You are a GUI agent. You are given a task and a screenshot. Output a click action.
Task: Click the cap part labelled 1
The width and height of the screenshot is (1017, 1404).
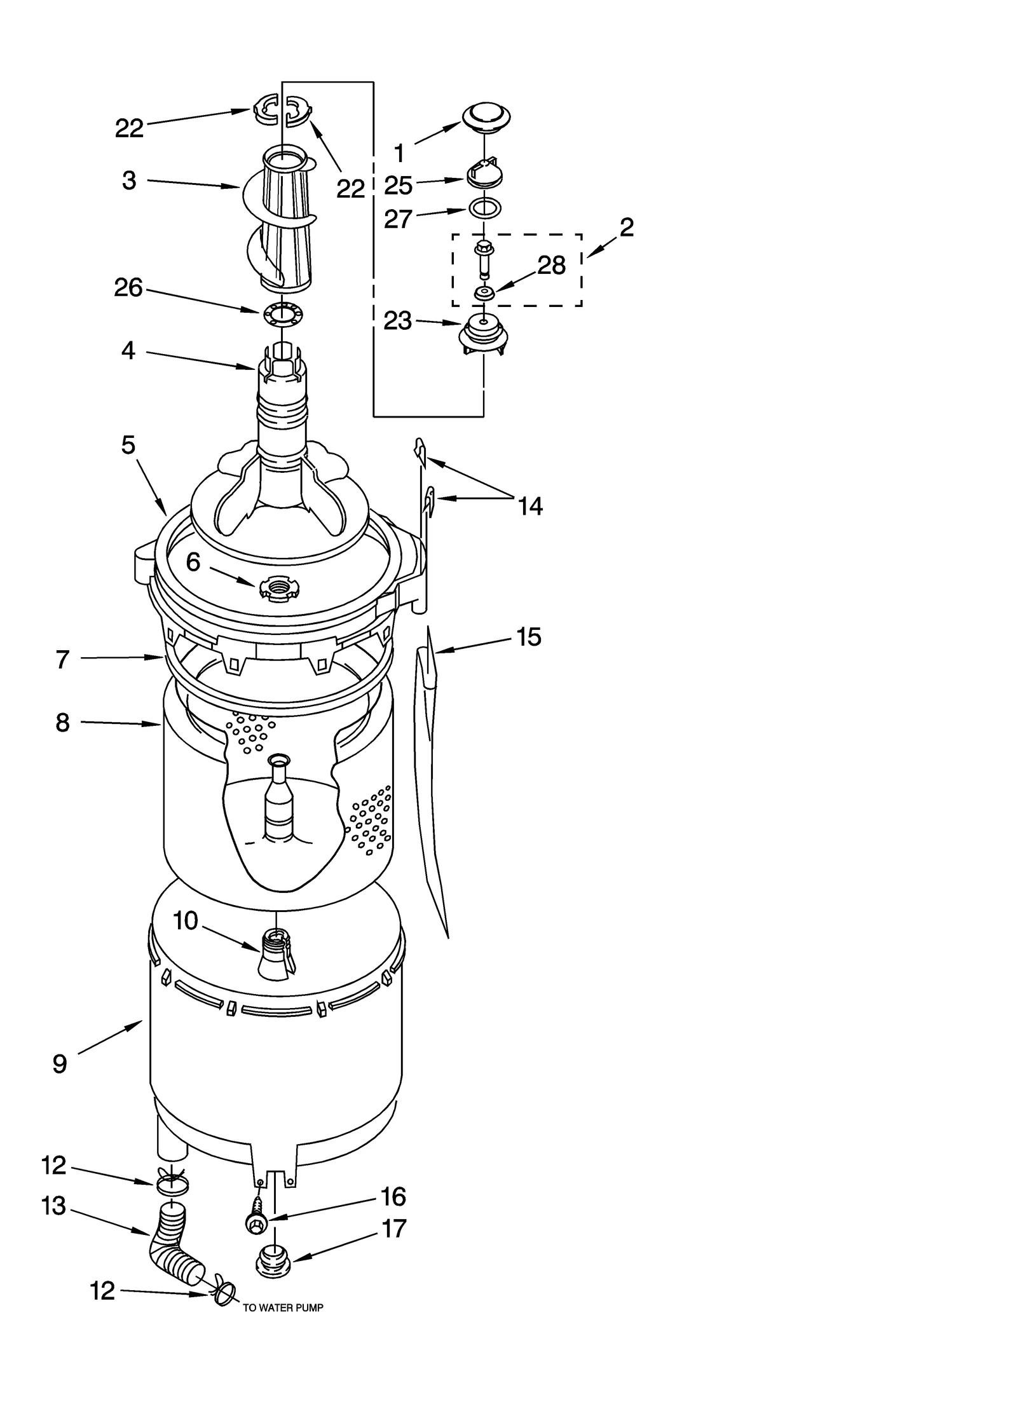[486, 116]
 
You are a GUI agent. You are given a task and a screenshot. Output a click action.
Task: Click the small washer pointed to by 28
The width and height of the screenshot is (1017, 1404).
[484, 293]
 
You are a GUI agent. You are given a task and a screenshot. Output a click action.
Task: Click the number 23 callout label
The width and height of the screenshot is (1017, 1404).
[398, 321]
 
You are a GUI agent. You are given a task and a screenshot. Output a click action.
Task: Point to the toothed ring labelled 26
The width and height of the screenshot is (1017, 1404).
[283, 313]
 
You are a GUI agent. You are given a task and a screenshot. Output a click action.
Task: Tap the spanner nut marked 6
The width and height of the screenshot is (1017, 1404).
[278, 589]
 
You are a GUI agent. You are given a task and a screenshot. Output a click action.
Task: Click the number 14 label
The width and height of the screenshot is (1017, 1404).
[530, 506]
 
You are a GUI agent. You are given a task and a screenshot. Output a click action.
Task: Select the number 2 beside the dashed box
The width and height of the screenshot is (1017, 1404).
[626, 227]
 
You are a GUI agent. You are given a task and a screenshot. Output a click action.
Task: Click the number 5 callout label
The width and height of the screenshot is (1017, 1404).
[128, 445]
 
